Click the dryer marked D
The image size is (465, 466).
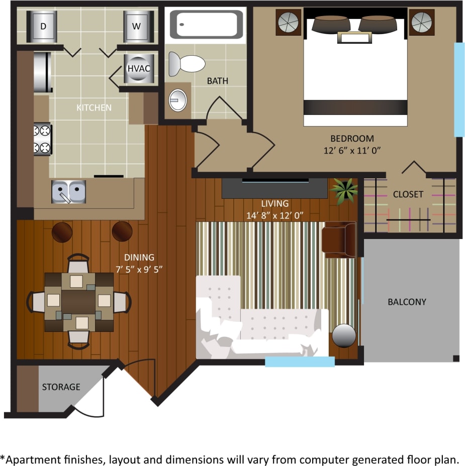point(43,26)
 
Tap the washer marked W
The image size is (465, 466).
point(136,26)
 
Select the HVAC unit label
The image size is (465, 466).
point(139,69)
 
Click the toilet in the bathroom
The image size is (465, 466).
point(187,64)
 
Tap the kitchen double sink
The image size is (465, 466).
point(67,192)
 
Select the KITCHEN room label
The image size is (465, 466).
point(94,107)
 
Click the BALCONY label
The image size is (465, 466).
point(407,302)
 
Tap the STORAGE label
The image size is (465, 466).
point(61,387)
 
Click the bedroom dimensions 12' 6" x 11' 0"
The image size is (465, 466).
point(351,150)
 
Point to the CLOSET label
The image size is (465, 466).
point(408,194)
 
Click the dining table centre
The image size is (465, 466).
point(78,301)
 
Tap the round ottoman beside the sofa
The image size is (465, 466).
point(344,335)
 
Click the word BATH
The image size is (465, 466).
point(217,80)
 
